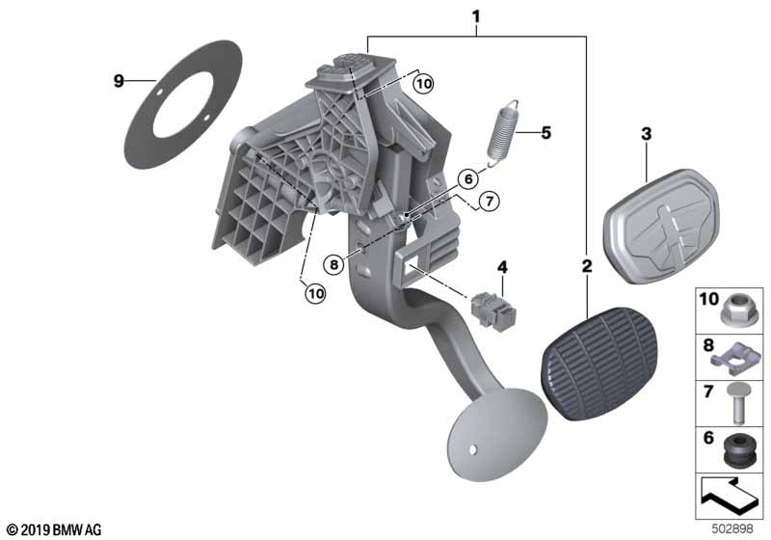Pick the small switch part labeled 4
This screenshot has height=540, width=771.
point(493,310)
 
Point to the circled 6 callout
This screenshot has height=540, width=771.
point(468,178)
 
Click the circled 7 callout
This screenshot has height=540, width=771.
point(489,202)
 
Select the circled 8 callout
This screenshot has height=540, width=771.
point(334,265)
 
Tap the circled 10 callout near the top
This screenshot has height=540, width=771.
point(423,84)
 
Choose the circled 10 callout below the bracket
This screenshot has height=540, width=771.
point(315,293)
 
